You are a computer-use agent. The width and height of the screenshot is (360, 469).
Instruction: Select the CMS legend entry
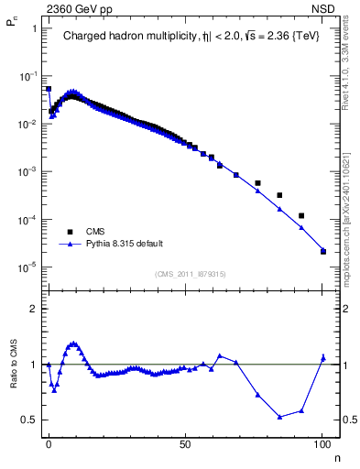(x=97, y=232)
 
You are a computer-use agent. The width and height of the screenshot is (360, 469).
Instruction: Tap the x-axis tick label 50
(x=185, y=442)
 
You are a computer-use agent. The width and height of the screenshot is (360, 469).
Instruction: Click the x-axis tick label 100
(x=322, y=442)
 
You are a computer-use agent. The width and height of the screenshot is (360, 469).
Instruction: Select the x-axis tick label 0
(x=49, y=442)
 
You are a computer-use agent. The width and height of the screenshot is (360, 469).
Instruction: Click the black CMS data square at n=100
(x=322, y=251)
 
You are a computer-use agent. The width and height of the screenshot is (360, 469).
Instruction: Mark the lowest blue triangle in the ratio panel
(x=279, y=417)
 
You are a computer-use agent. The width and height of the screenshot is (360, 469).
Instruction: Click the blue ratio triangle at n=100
(x=322, y=357)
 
